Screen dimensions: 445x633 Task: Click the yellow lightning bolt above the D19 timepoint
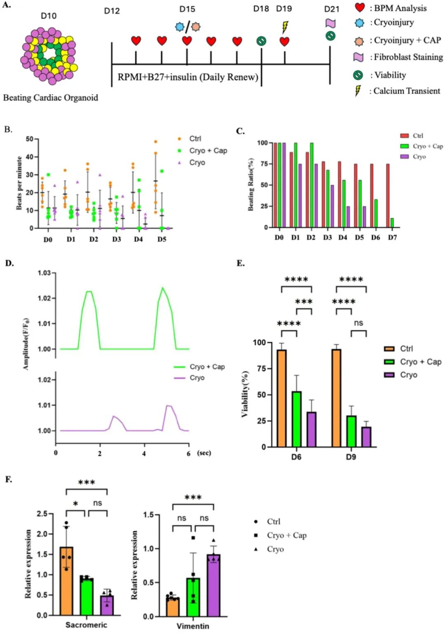[285, 27]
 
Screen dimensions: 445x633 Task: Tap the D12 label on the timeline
[112, 11]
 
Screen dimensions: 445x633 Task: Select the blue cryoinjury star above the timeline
[180, 27]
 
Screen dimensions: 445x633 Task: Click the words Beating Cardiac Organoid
[51, 98]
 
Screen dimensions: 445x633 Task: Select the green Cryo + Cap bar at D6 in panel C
[375, 213]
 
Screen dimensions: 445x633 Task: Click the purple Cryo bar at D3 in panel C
[332, 206]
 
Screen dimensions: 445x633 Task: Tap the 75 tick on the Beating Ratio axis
[262, 164]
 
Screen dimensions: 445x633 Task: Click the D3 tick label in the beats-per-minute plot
[117, 240]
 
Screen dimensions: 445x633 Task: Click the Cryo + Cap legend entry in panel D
[199, 367]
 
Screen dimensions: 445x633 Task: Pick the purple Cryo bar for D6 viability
[311, 430]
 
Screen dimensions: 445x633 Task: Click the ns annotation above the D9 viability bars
[358, 323]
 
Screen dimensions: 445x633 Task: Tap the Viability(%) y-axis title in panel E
[245, 394]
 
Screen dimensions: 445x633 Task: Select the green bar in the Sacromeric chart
[86, 596]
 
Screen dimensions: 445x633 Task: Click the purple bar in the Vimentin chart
[213, 585]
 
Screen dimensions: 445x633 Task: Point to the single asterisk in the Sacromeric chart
[75, 504]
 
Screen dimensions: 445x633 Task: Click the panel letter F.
[9, 479]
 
